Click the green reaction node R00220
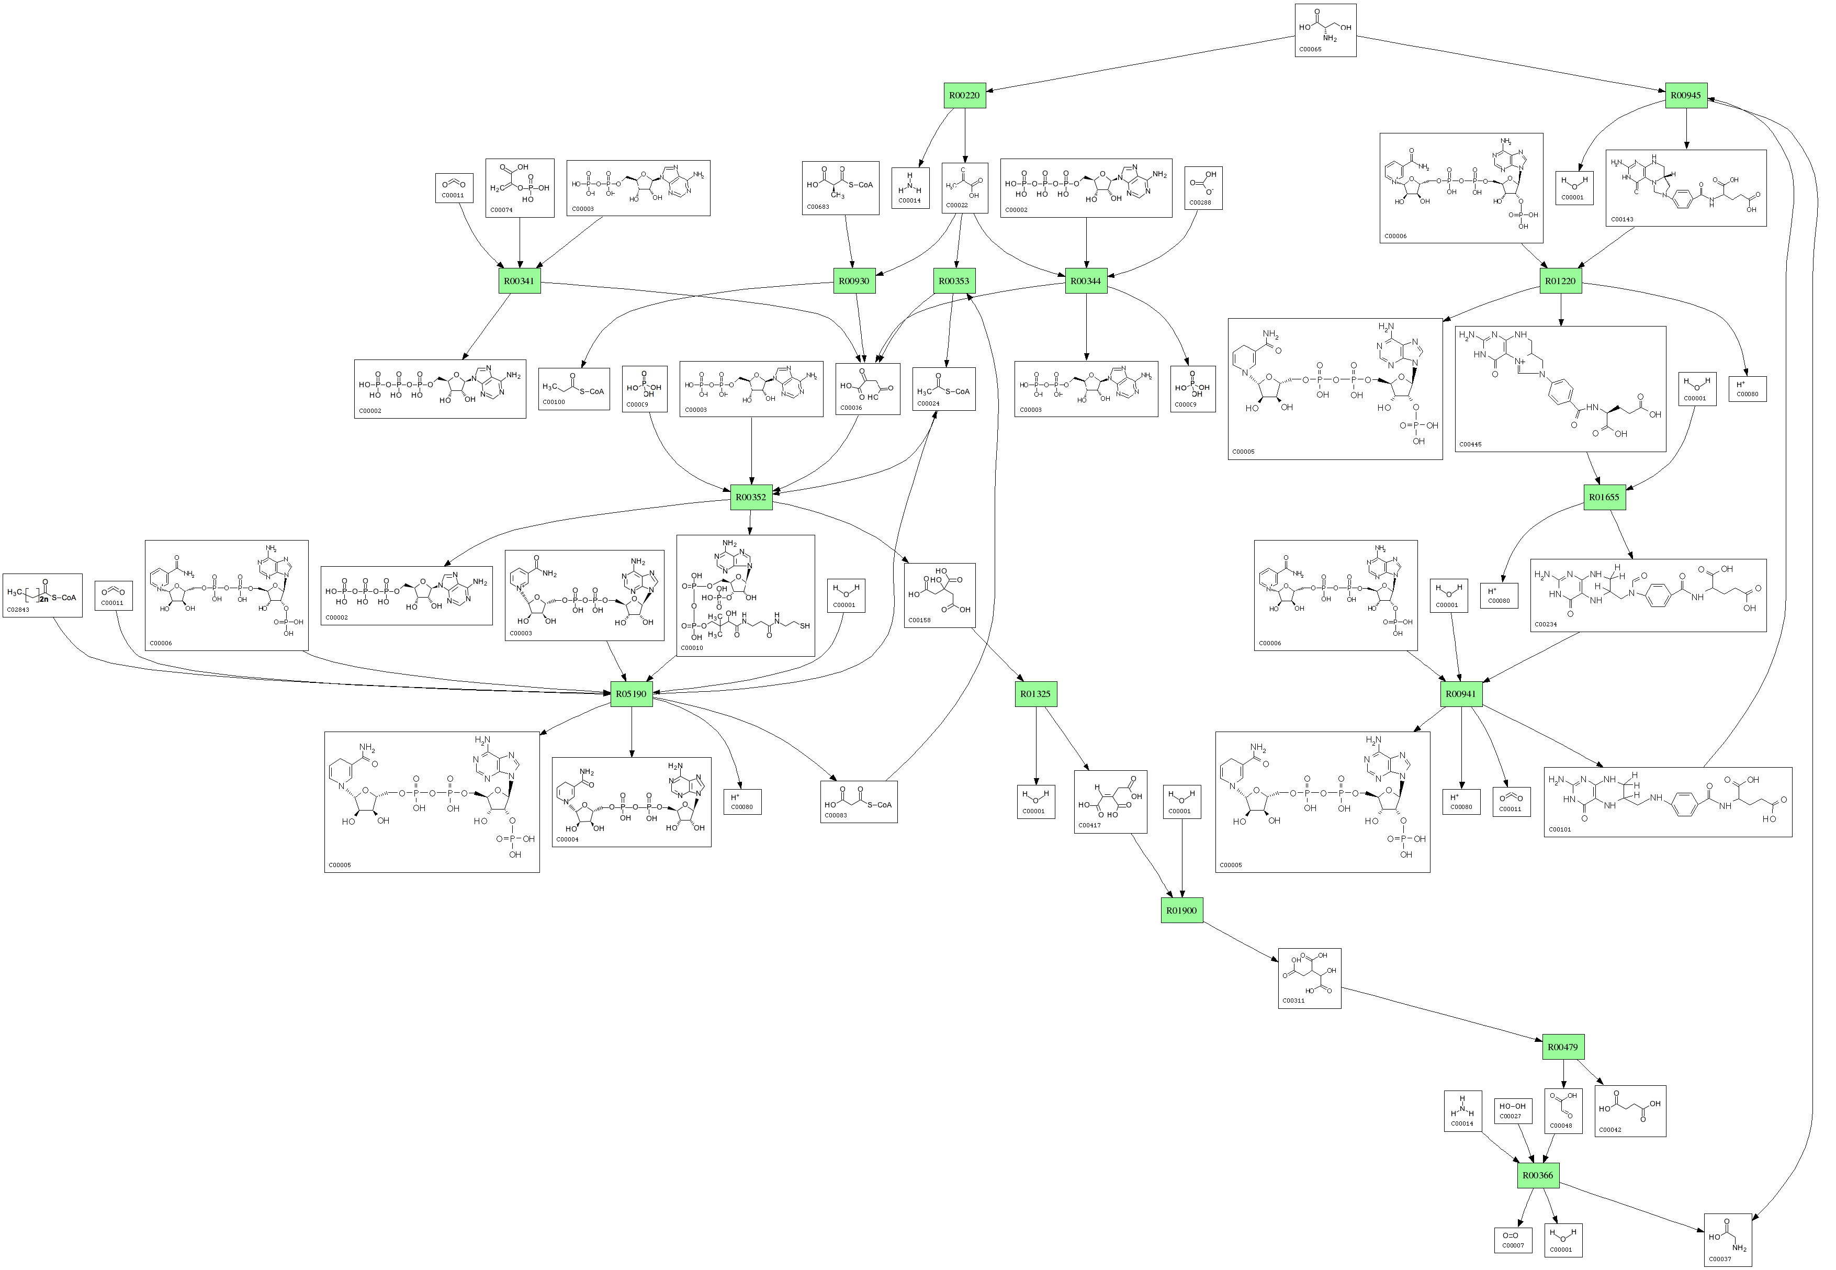pyautogui.click(x=964, y=95)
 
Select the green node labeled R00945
pyautogui.click(x=1686, y=95)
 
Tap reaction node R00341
pyautogui.click(x=520, y=281)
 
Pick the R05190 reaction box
pyautogui.click(x=631, y=694)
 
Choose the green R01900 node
pyautogui.click(x=1181, y=911)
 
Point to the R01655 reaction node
pyautogui.click(x=1604, y=497)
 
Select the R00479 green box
pyautogui.click(x=1562, y=1047)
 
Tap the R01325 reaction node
pyautogui.click(x=1036, y=694)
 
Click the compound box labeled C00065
pyautogui.click(x=1325, y=30)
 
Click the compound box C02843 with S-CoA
pyautogui.click(x=42, y=595)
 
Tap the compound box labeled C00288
pyautogui.click(x=1203, y=188)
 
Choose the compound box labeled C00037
pyautogui.click(x=1728, y=1240)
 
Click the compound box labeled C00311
pyautogui.click(x=1310, y=978)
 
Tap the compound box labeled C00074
pyautogui.click(x=520, y=188)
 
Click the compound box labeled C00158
pyautogui.click(x=940, y=595)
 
